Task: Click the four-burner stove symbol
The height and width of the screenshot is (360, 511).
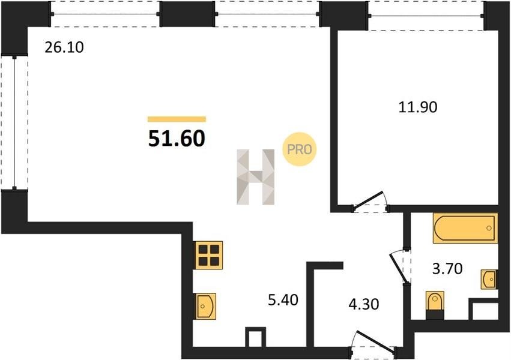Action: [x=209, y=255]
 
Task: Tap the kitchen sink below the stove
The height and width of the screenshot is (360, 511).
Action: [x=205, y=306]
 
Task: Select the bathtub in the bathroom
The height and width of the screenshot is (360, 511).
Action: [x=465, y=228]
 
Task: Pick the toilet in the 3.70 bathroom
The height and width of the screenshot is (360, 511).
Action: [x=435, y=305]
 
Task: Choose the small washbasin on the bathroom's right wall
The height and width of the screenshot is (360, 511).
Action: [x=489, y=279]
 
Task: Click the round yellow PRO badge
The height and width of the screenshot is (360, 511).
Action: [x=300, y=149]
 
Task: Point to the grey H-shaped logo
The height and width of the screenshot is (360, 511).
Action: [x=256, y=177]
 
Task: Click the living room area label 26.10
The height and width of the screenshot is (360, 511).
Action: [x=64, y=47]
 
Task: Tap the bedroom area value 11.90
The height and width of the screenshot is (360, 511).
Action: [x=418, y=107]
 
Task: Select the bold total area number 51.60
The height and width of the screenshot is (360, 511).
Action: [x=177, y=139]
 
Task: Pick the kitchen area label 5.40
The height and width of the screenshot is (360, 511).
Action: [x=283, y=300]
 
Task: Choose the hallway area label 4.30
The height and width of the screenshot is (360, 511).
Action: [x=364, y=304]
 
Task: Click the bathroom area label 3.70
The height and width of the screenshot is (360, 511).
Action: [x=447, y=269]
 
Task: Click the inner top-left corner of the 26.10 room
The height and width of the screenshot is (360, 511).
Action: [x=28, y=27]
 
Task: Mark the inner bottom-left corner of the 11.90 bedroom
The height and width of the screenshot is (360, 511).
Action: [x=337, y=205]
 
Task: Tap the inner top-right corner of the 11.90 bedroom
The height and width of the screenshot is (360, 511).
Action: [x=498, y=31]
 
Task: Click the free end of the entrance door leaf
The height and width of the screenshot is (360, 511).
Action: [x=357, y=332]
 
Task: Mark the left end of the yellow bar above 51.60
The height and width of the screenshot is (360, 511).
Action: [x=148, y=119]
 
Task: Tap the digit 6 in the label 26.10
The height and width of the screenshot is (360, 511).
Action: [x=58, y=47]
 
